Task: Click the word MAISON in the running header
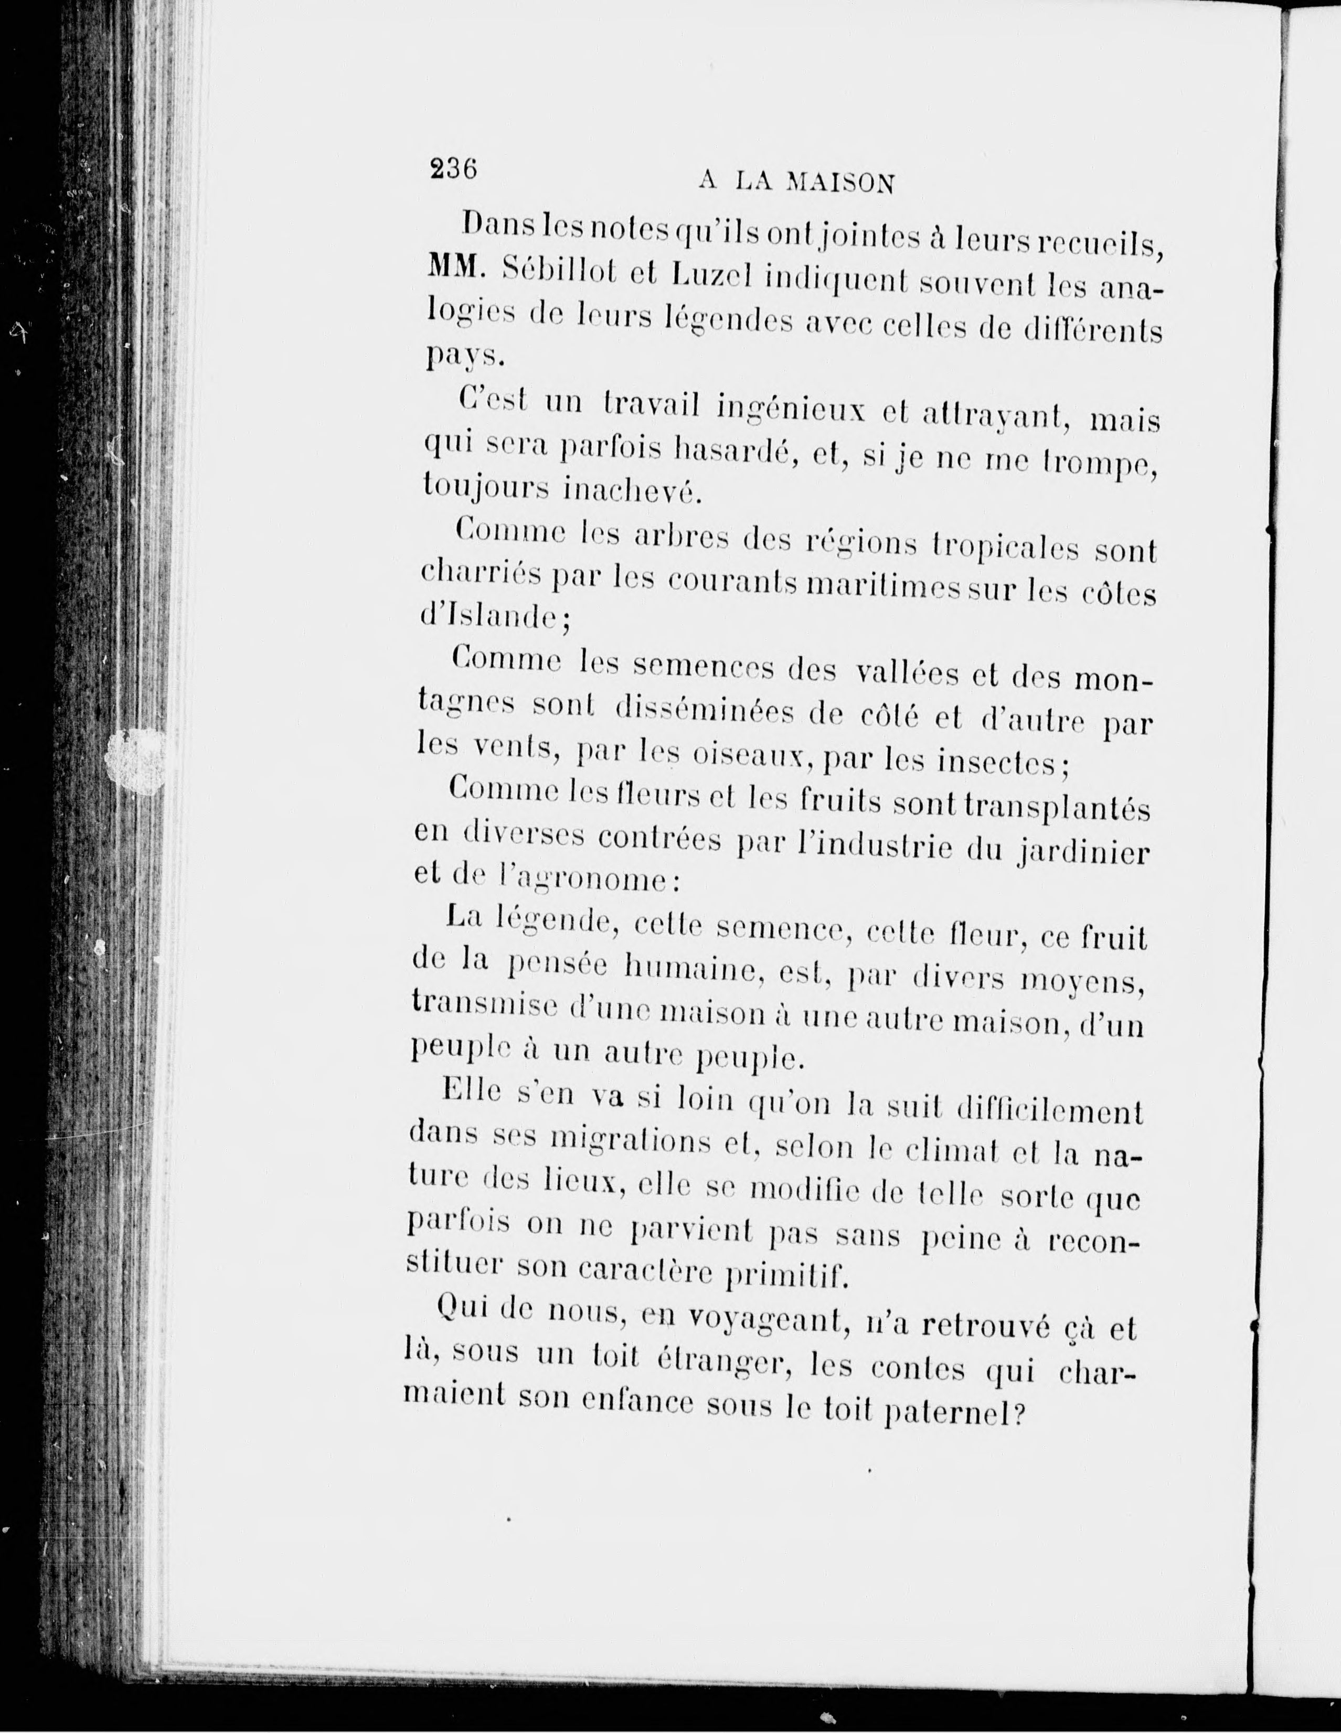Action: pos(839,183)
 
